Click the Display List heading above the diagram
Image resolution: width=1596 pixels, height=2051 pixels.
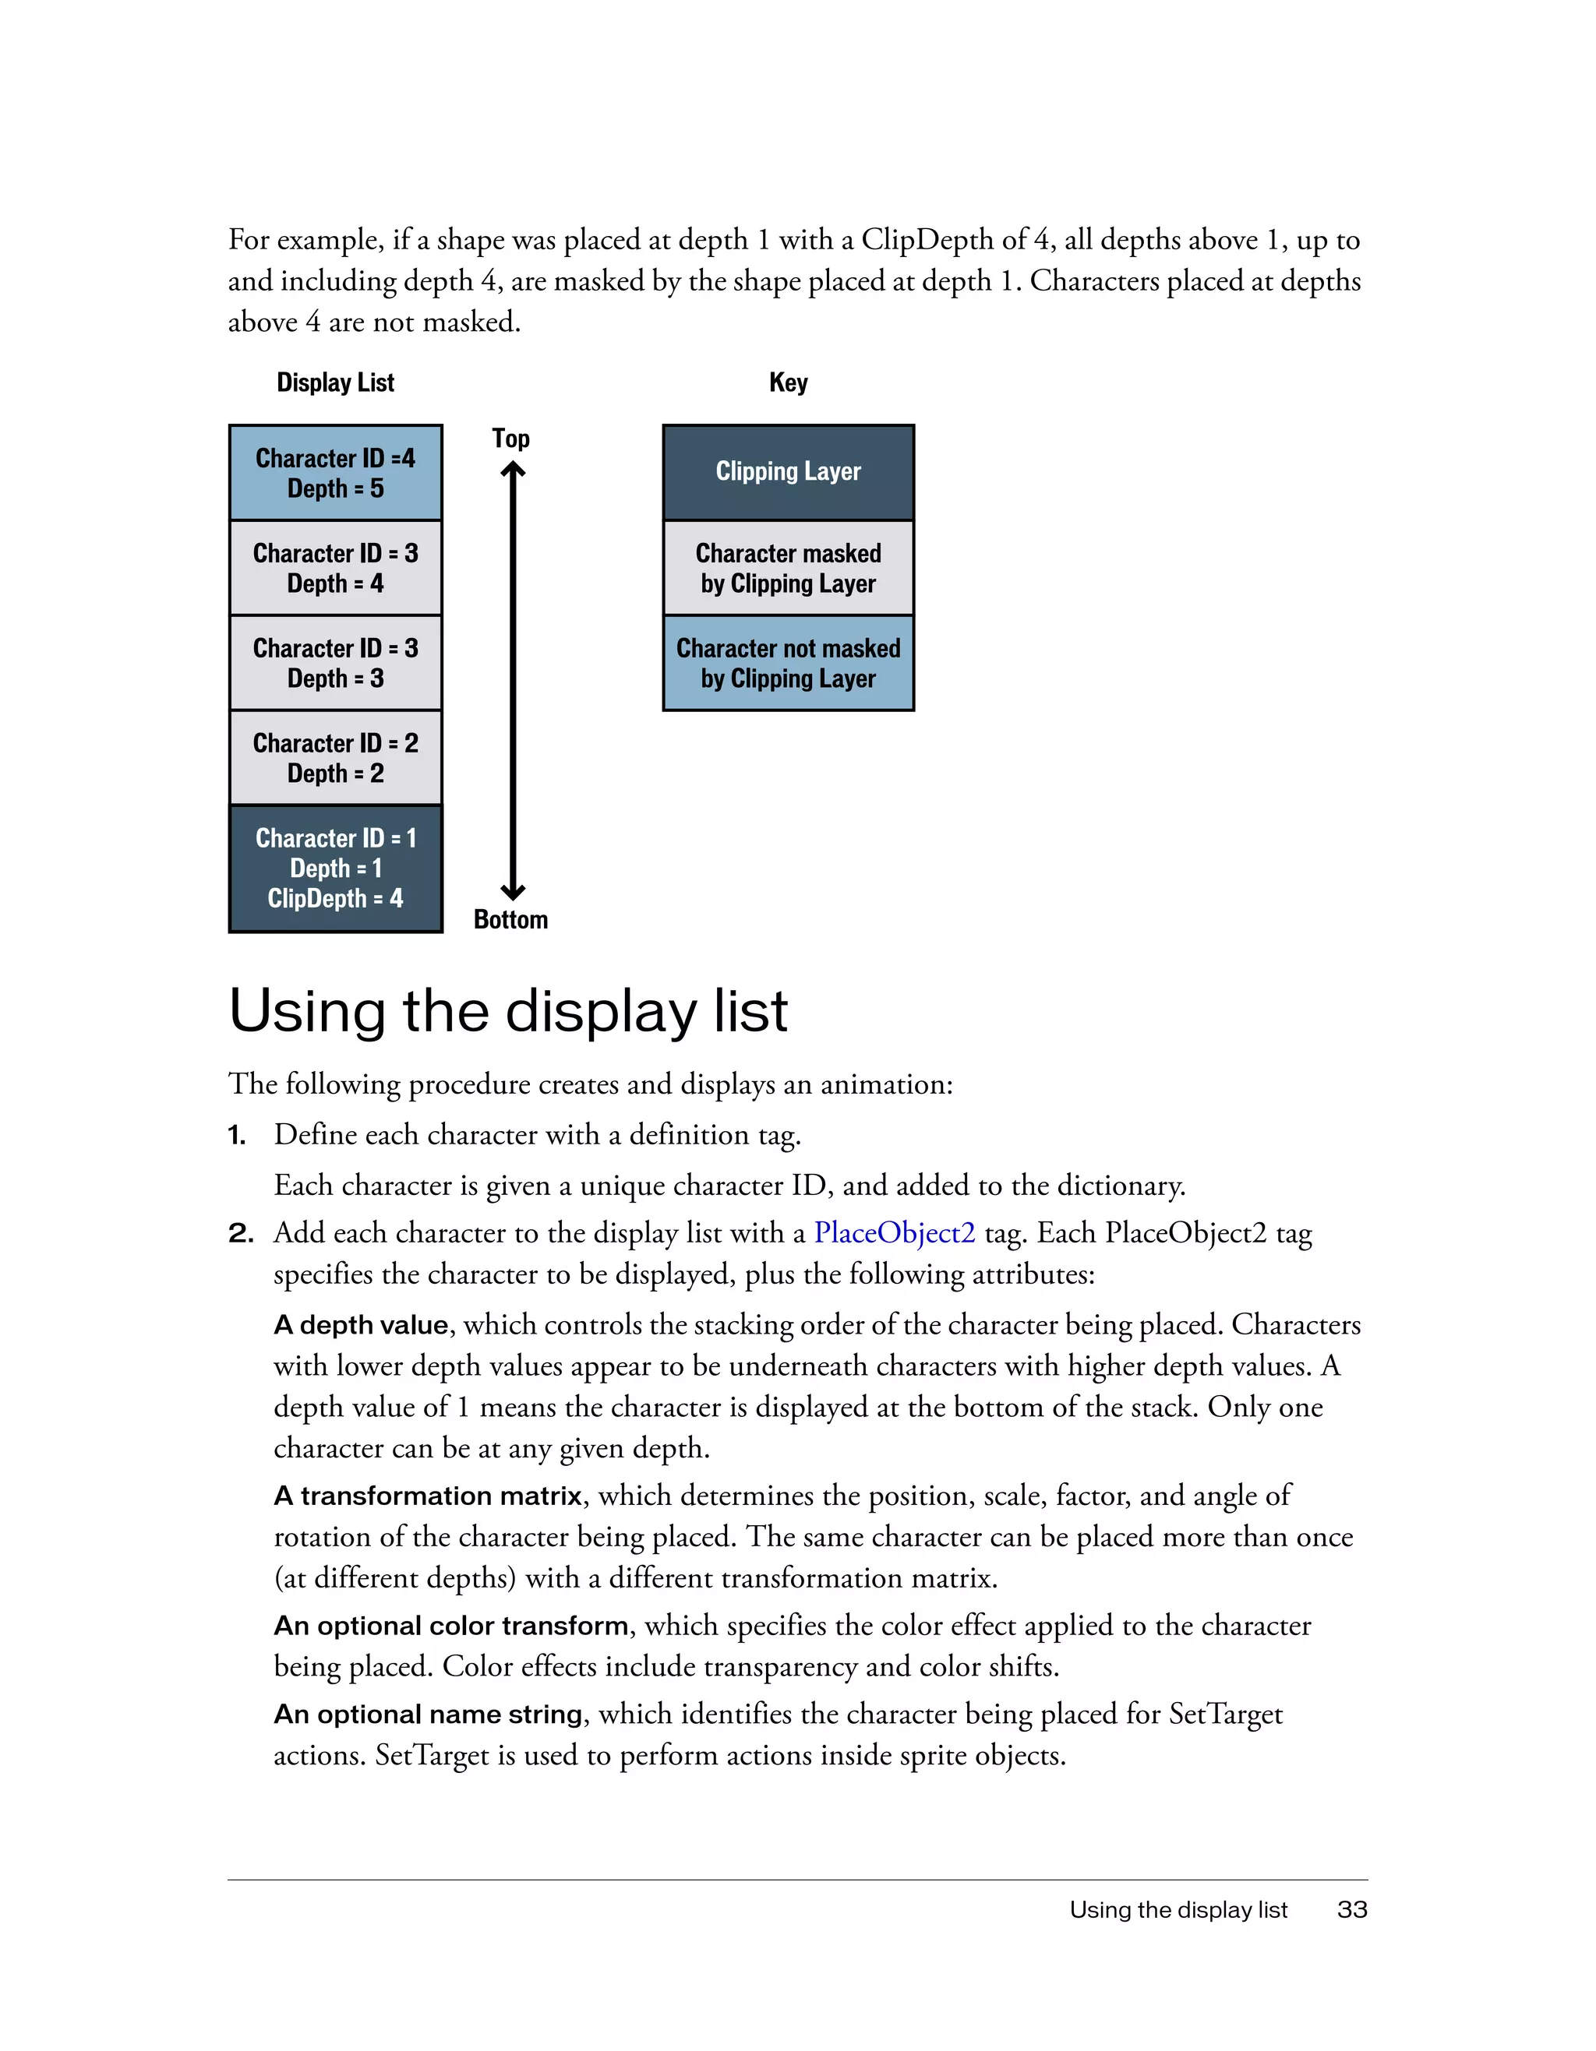pyautogui.click(x=335, y=382)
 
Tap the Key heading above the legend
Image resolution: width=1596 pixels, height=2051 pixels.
pyautogui.click(x=787, y=382)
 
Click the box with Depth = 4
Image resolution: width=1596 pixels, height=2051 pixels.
pyautogui.click(x=335, y=567)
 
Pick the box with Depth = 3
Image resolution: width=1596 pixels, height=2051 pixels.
pyautogui.click(x=335, y=662)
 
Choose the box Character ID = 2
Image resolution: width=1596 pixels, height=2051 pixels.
pyautogui.click(x=335, y=757)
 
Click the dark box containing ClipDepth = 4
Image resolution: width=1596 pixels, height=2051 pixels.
pyautogui.click(x=335, y=868)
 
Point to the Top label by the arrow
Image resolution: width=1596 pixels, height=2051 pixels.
pyautogui.click(x=510, y=439)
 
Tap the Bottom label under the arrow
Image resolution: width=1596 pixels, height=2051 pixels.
pyautogui.click(x=510, y=919)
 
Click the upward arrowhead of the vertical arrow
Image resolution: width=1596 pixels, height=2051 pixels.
pyautogui.click(x=513, y=470)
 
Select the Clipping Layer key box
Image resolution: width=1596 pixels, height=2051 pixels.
pyautogui.click(x=787, y=471)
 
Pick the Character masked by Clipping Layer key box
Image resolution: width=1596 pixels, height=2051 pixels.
pyautogui.click(x=787, y=567)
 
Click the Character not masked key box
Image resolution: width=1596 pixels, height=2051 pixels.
pyautogui.click(x=787, y=662)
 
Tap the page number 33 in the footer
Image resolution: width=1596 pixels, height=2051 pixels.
pyautogui.click(x=1352, y=1909)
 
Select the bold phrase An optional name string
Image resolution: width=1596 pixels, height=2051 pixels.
pyautogui.click(x=429, y=1714)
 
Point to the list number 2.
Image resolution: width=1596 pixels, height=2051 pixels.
pyautogui.click(x=241, y=1233)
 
